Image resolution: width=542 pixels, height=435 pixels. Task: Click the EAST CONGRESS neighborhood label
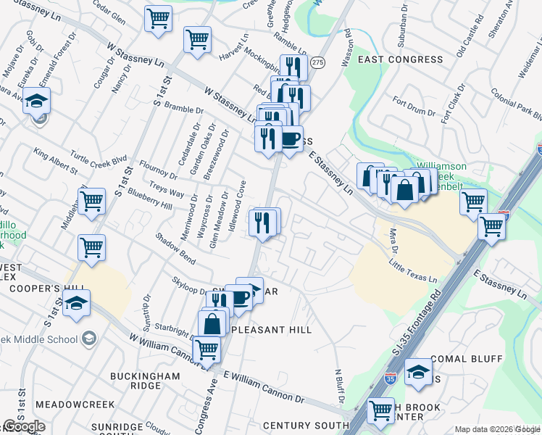coord(400,59)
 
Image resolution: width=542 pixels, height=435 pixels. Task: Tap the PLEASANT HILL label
coord(272,330)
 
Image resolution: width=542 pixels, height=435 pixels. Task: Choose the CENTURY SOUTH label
coord(306,426)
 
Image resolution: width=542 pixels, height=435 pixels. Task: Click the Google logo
coord(23,426)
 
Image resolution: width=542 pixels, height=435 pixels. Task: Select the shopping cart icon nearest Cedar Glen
coord(157,18)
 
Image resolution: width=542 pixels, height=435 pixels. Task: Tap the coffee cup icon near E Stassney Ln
coord(290,138)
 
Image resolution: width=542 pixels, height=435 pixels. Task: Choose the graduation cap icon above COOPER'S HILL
coord(75,303)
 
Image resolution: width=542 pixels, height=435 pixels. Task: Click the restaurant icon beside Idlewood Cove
coord(262,221)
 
